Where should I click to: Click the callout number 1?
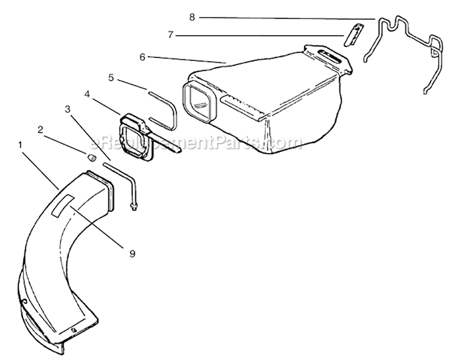(20, 145)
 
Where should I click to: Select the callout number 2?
(40, 130)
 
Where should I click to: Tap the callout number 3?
(68, 109)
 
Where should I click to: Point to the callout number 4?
(87, 94)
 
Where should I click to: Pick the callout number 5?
(111, 78)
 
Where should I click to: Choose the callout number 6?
(142, 57)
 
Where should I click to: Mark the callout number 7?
(171, 35)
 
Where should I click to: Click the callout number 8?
(192, 17)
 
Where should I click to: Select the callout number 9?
(132, 254)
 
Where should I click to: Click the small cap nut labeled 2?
(92, 157)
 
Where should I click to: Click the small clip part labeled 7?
(353, 35)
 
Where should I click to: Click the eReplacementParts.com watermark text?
(196, 142)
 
